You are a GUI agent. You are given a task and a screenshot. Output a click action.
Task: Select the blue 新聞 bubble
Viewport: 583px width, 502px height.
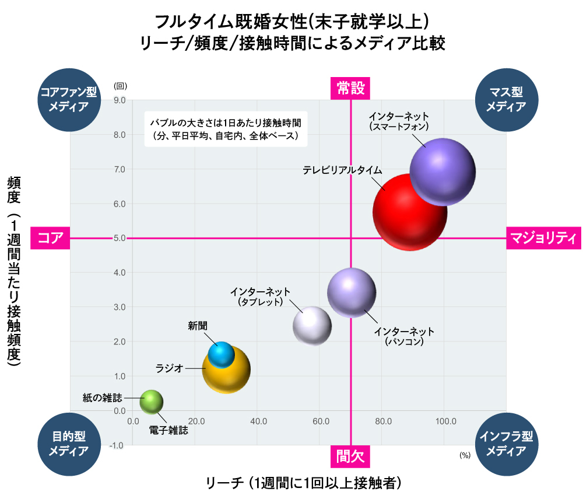[221, 354]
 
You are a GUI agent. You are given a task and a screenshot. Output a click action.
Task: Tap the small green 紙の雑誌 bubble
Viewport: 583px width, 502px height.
[151, 401]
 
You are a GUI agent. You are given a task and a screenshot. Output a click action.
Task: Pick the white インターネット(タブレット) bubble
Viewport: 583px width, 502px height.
[312, 326]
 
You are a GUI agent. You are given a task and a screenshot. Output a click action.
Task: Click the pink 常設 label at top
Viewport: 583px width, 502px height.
[351, 88]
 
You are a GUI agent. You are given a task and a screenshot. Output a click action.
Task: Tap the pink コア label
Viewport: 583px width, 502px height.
[50, 238]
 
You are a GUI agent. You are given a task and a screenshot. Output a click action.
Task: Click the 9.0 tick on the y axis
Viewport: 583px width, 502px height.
[119, 100]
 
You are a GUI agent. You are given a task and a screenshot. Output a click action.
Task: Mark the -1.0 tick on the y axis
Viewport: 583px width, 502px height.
[118, 445]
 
